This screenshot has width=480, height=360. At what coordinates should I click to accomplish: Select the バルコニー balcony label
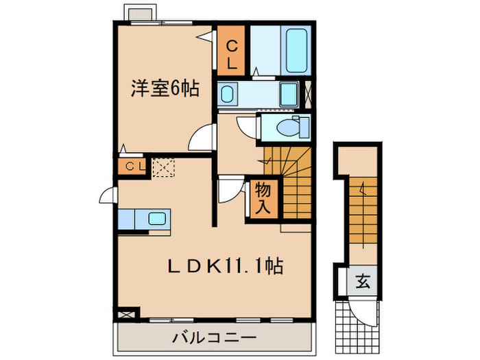(214, 337)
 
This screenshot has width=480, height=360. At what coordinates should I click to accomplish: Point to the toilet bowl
(291, 127)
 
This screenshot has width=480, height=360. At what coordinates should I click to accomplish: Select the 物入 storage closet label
(263, 197)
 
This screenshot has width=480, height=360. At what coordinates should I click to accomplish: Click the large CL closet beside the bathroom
(232, 54)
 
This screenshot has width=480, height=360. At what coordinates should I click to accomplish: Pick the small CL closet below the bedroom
(133, 167)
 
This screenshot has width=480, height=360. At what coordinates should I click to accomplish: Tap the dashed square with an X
(164, 167)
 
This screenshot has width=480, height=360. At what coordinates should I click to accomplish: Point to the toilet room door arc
(245, 126)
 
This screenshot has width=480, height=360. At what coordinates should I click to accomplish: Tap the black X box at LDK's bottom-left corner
(126, 314)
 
